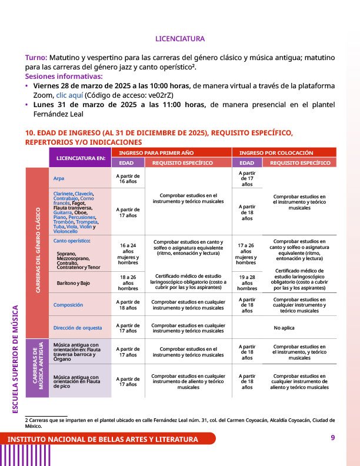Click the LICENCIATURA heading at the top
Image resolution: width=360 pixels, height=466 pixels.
tap(179, 39)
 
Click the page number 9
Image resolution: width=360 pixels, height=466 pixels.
tap(332, 437)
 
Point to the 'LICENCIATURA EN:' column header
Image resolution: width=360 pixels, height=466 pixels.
tap(80, 158)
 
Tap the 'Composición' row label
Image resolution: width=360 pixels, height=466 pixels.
tap(68, 305)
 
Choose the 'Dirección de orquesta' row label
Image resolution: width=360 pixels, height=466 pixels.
tap(78, 327)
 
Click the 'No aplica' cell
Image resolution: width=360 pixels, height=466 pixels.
tap(284, 327)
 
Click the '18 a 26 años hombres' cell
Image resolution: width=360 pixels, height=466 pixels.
tap(128, 282)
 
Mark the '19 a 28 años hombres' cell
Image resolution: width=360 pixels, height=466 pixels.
tap(247, 282)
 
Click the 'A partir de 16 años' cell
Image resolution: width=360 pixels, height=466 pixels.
tap(128, 178)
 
